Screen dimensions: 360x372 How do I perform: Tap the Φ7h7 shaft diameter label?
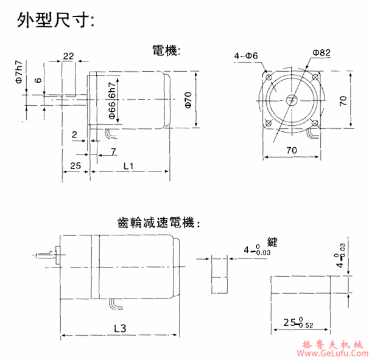19,72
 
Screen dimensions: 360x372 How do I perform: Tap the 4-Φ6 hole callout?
247,57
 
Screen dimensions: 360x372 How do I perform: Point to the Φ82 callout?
321,53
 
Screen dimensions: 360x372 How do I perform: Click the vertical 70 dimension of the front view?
344,100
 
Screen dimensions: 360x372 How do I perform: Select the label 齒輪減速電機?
157,223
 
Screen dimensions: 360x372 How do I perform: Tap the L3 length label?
119,328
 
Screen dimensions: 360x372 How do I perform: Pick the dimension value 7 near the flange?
113,150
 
